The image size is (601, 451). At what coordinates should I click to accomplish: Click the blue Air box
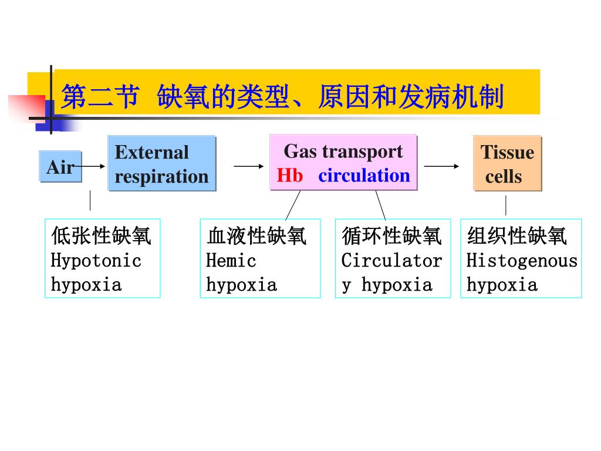tap(60, 167)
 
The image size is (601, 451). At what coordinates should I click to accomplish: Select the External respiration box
tap(161, 164)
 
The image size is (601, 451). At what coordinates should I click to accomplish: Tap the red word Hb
tap(290, 176)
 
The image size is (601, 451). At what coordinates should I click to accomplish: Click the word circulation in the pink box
tap(364, 176)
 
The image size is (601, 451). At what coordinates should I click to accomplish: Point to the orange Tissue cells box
tap(507, 164)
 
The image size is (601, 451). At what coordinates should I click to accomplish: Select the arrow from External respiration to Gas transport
tap(249, 166)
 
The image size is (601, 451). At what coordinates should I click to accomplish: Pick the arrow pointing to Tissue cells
tap(442, 166)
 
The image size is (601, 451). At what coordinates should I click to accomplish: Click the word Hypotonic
tap(96, 260)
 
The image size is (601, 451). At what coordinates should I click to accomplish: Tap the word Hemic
tap(231, 260)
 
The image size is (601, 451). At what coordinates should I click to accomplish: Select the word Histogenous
tap(522, 260)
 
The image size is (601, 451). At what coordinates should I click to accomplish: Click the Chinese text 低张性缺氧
tap(101, 236)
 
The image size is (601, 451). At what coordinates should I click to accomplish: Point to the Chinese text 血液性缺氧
tap(256, 236)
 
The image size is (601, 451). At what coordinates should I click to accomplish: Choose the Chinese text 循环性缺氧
tap(391, 236)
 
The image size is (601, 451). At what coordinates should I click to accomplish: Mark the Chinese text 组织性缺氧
tap(517, 236)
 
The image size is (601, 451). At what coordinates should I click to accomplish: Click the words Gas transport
tap(343, 152)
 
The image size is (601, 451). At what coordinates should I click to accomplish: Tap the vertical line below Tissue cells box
tap(506, 206)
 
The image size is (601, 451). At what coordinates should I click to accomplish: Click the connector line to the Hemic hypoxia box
tap(293, 205)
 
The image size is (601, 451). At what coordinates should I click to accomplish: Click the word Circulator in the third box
tap(391, 260)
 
